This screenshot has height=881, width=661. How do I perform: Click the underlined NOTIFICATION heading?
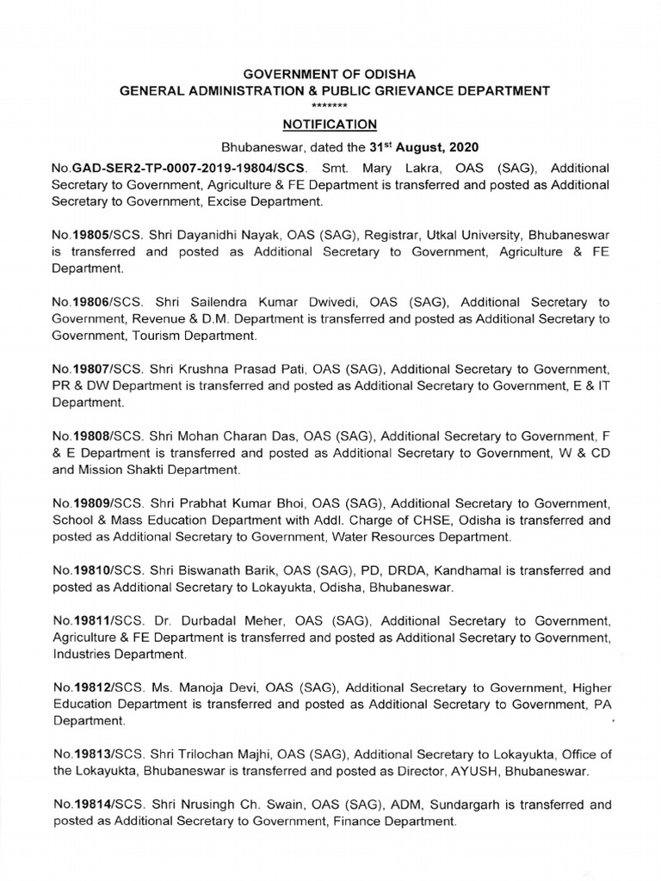point(331,124)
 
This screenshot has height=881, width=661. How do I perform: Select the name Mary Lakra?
point(395,168)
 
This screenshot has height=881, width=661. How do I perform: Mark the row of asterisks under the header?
point(331,103)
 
